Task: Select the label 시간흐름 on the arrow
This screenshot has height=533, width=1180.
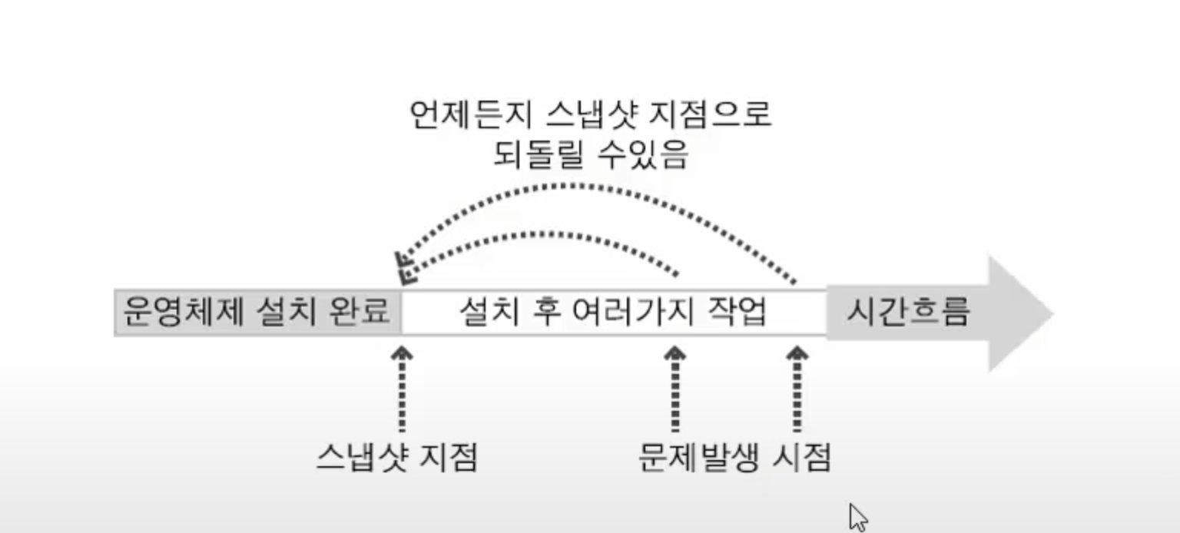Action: pos(908,312)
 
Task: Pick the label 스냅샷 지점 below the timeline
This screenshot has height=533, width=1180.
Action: pos(396,459)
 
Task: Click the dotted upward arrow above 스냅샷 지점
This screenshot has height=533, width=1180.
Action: pos(401,388)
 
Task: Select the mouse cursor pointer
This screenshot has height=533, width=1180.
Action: pos(857,516)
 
